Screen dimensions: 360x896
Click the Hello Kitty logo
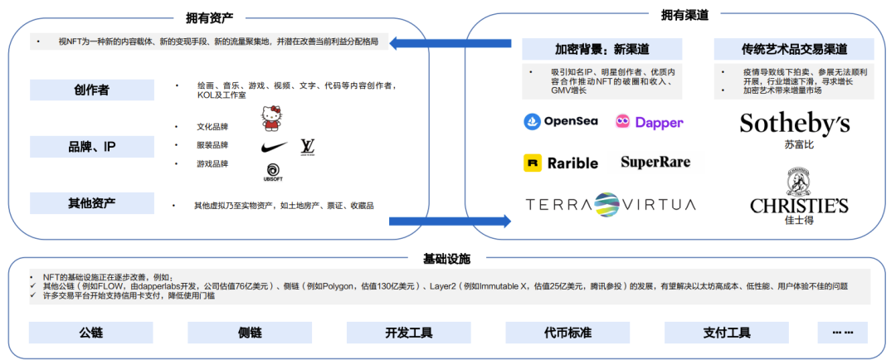[x=271, y=118]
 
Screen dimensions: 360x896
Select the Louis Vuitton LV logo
[x=308, y=147]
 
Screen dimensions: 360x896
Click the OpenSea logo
[x=561, y=122]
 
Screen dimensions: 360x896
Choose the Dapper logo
[x=649, y=122]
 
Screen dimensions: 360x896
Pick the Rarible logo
[x=561, y=163]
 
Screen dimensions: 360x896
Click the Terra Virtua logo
[x=610, y=204]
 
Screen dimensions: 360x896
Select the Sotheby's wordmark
[x=794, y=124]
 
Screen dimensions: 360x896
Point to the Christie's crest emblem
[x=799, y=180]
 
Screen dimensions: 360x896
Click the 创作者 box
[x=91, y=90]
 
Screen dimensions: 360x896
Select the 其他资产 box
[x=91, y=203]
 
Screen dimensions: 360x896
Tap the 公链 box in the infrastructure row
[x=91, y=333]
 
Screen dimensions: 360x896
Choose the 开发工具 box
[x=409, y=333]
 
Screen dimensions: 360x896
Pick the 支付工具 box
[x=727, y=333]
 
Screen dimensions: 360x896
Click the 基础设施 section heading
[x=449, y=258]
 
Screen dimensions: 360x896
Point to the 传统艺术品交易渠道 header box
[x=794, y=49]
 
